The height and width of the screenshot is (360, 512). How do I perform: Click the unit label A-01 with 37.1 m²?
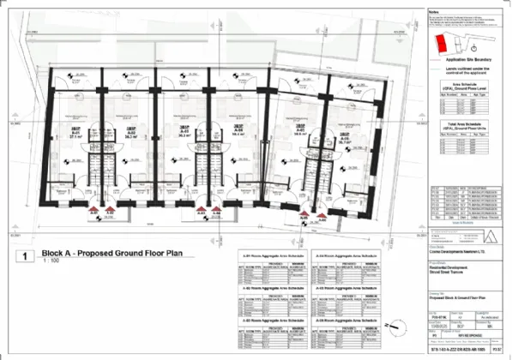(75, 134)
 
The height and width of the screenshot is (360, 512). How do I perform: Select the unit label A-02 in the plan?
(133, 134)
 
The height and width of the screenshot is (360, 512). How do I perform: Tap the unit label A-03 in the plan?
(184, 134)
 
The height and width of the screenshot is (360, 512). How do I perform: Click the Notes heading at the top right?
(433, 11)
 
